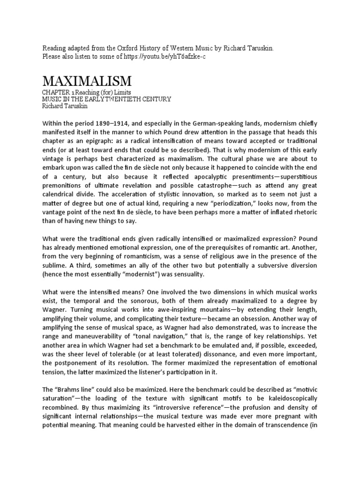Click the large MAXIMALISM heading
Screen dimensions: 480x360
[87, 81]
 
